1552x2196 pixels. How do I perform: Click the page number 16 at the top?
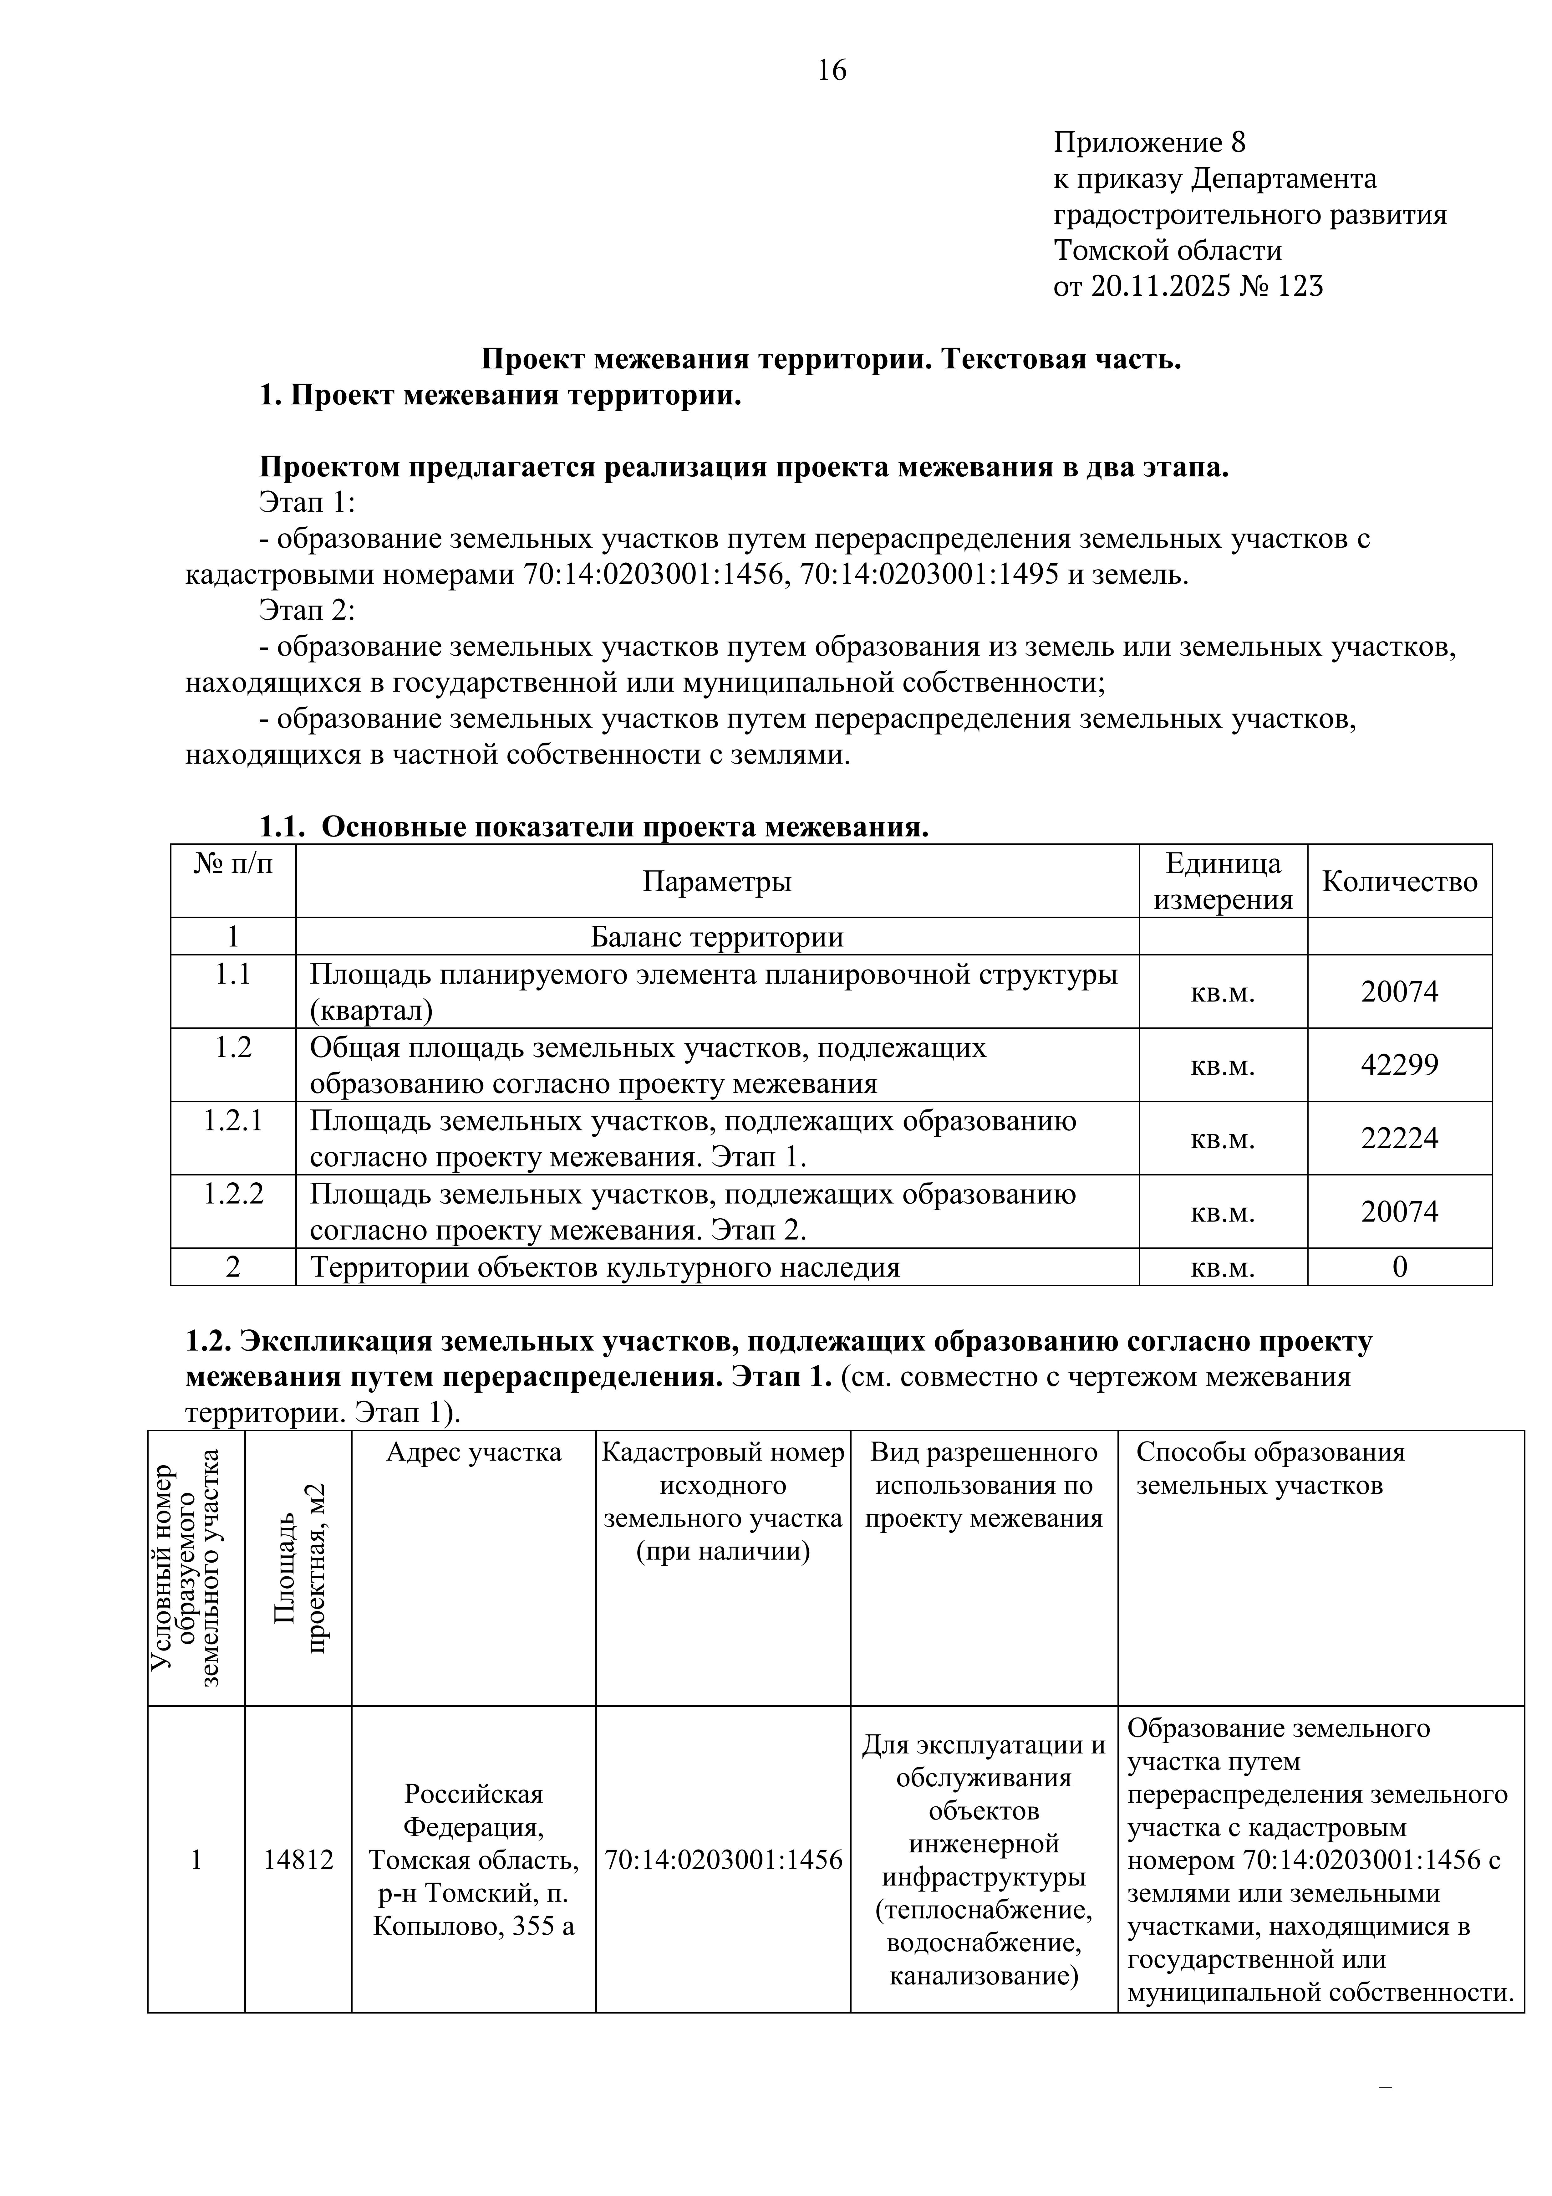[x=832, y=71]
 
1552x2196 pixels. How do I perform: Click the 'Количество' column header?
[x=1399, y=881]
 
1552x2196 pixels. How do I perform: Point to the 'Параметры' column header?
[x=716, y=881]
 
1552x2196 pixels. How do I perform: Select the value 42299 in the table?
[x=1399, y=1065]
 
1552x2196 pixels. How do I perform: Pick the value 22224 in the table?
[x=1399, y=1138]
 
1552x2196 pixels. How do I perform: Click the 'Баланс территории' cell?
[x=716, y=936]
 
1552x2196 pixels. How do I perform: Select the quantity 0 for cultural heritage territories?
[x=1399, y=1267]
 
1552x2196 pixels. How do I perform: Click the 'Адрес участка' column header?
[x=473, y=1452]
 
